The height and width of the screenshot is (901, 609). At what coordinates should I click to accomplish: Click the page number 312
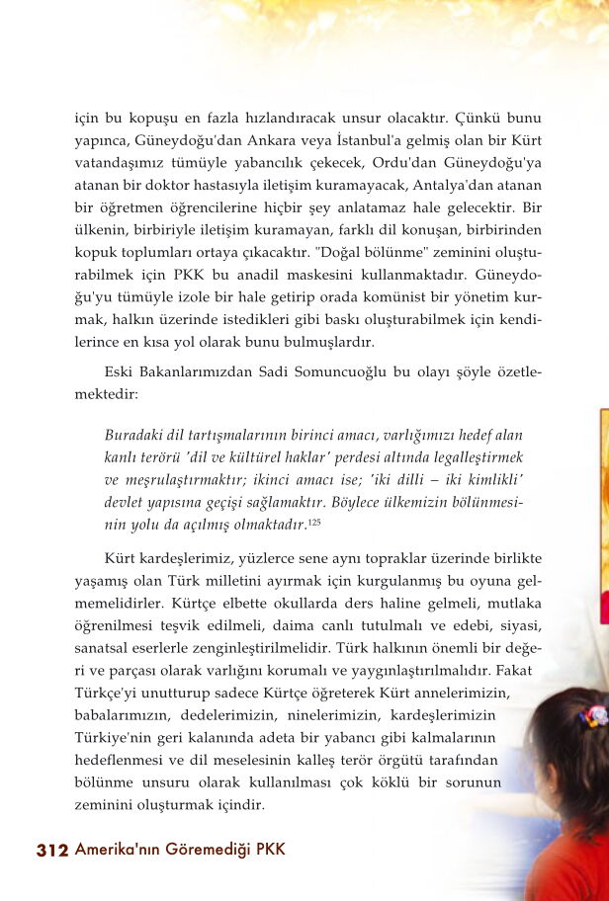(51, 851)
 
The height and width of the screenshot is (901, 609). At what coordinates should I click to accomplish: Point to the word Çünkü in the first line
(485, 118)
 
